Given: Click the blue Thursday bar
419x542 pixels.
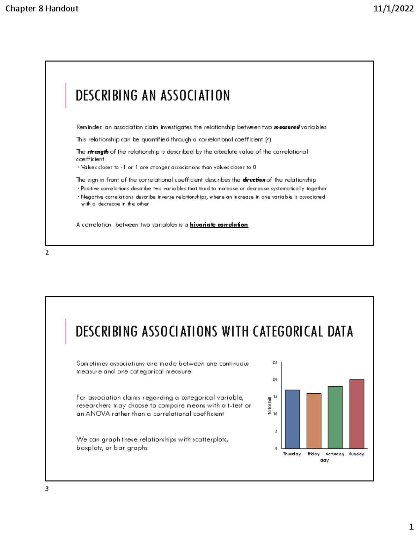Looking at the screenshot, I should pos(292,419).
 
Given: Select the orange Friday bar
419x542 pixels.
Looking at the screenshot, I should pos(314,421).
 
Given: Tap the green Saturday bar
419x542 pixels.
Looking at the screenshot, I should pos(335,417).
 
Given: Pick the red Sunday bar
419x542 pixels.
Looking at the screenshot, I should pos(356,414).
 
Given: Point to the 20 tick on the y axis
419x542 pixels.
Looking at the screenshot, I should pos(275,380).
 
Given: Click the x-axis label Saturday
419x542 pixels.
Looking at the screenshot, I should pos(335,454).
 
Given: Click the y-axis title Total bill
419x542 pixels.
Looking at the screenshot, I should pos(270,406).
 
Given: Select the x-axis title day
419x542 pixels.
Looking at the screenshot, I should pos(324,460).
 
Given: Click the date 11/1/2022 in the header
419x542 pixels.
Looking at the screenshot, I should pos(394,9).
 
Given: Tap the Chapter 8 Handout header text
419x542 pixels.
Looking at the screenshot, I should pos(42,9).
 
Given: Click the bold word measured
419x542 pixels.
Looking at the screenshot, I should pos(287,127).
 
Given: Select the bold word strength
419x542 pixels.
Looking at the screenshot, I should pos(98,152).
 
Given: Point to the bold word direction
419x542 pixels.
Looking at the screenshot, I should pos(254,180).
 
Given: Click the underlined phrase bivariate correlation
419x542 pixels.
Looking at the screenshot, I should pos(219,225).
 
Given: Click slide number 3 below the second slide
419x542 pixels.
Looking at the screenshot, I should pos(47,489).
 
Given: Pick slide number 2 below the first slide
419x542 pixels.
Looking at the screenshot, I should pos(47,253).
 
